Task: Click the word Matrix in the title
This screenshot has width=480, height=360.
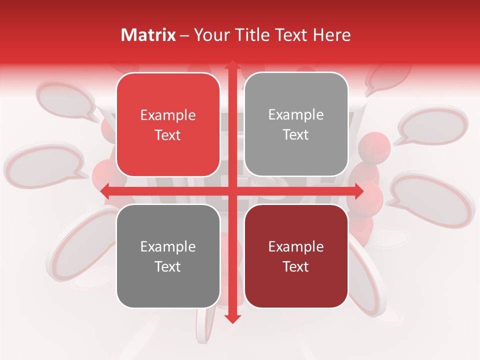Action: (x=148, y=35)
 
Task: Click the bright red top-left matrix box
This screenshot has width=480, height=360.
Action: (x=168, y=125)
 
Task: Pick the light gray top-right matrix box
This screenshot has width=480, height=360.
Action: (x=296, y=124)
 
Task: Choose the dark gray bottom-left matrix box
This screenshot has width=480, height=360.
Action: (x=168, y=256)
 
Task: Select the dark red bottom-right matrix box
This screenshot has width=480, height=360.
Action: (x=296, y=256)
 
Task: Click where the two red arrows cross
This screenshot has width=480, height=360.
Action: (x=232, y=191)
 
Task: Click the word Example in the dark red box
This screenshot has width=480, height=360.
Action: (x=296, y=246)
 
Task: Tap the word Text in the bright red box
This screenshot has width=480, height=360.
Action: (x=168, y=135)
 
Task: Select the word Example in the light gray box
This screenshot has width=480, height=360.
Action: (x=296, y=115)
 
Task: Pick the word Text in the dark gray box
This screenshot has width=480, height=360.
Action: (x=168, y=266)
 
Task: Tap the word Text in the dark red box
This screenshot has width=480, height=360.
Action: (x=296, y=266)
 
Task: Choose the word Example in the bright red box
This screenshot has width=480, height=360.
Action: (x=168, y=115)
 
